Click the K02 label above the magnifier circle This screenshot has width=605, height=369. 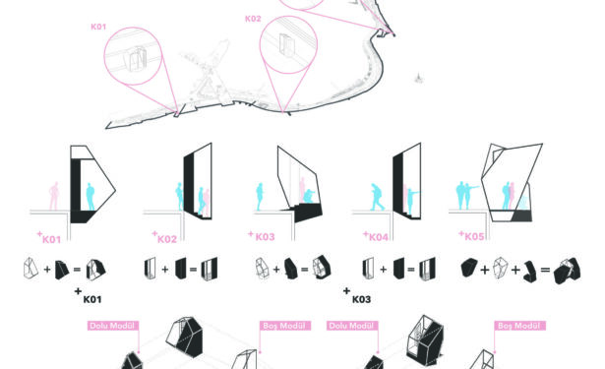tap(253, 19)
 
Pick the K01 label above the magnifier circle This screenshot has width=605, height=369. tap(98, 27)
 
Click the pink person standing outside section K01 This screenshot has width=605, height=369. tap(54, 196)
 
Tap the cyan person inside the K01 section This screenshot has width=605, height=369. tap(91, 197)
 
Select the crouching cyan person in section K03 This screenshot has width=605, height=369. tap(309, 196)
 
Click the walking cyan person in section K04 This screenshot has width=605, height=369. tap(376, 197)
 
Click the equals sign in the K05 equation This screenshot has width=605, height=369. tap(545, 270)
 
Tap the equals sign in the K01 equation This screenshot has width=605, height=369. tap(77, 269)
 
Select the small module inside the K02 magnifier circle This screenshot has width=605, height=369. tap(286, 45)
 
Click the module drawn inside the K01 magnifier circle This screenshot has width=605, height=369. tap(136, 59)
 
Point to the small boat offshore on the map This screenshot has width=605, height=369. tap(418, 78)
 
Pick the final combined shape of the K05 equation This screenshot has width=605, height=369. tap(568, 271)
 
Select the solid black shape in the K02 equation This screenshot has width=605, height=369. tap(181, 268)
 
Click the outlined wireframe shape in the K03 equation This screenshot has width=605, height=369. tap(263, 268)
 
